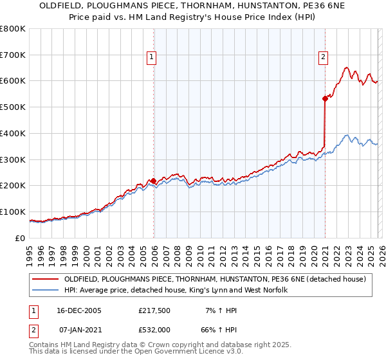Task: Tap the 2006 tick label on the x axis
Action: click(154, 251)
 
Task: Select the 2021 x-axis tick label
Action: click(325, 251)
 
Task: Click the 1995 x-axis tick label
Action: click(30, 251)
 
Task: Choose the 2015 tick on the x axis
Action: click(257, 251)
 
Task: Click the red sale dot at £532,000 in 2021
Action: click(325, 98)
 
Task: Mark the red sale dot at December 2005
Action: click(154, 181)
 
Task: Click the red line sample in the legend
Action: click(45, 279)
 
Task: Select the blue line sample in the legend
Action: click(45, 290)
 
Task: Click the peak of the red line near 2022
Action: click(346, 67)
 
